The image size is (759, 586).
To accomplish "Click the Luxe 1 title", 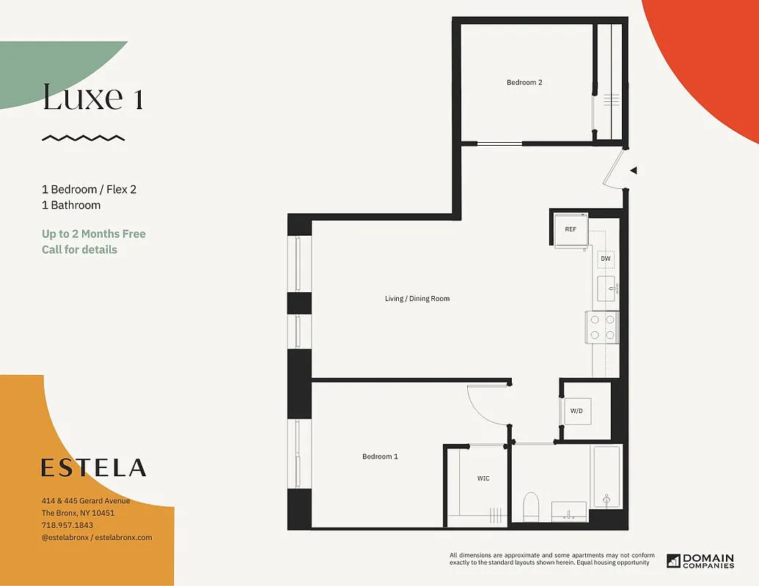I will pos(92,97).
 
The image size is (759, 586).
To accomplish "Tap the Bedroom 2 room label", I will pos(524,83).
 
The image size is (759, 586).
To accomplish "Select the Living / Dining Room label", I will pos(417,299).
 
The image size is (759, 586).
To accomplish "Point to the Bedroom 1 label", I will pos(380,457).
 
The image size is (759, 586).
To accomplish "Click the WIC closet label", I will pos(483,478).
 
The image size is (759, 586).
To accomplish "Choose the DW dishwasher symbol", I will pos(606,259).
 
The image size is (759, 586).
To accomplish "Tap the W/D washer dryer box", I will pos(576,411).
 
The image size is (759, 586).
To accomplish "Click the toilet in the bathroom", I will pos(531,505).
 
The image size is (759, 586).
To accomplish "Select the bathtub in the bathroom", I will pos(606,477).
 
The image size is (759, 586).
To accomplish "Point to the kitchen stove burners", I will pos(601,327).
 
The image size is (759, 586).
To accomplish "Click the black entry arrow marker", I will pos(634,171).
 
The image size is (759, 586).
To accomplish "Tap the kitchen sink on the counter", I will pos(607,289).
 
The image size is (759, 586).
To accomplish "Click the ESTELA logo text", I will pos(93,468).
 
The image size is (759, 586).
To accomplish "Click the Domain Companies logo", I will pos(700,560).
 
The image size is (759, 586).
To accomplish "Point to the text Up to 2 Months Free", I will pos(94,234).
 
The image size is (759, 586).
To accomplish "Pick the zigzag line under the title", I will pos(83,138).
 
